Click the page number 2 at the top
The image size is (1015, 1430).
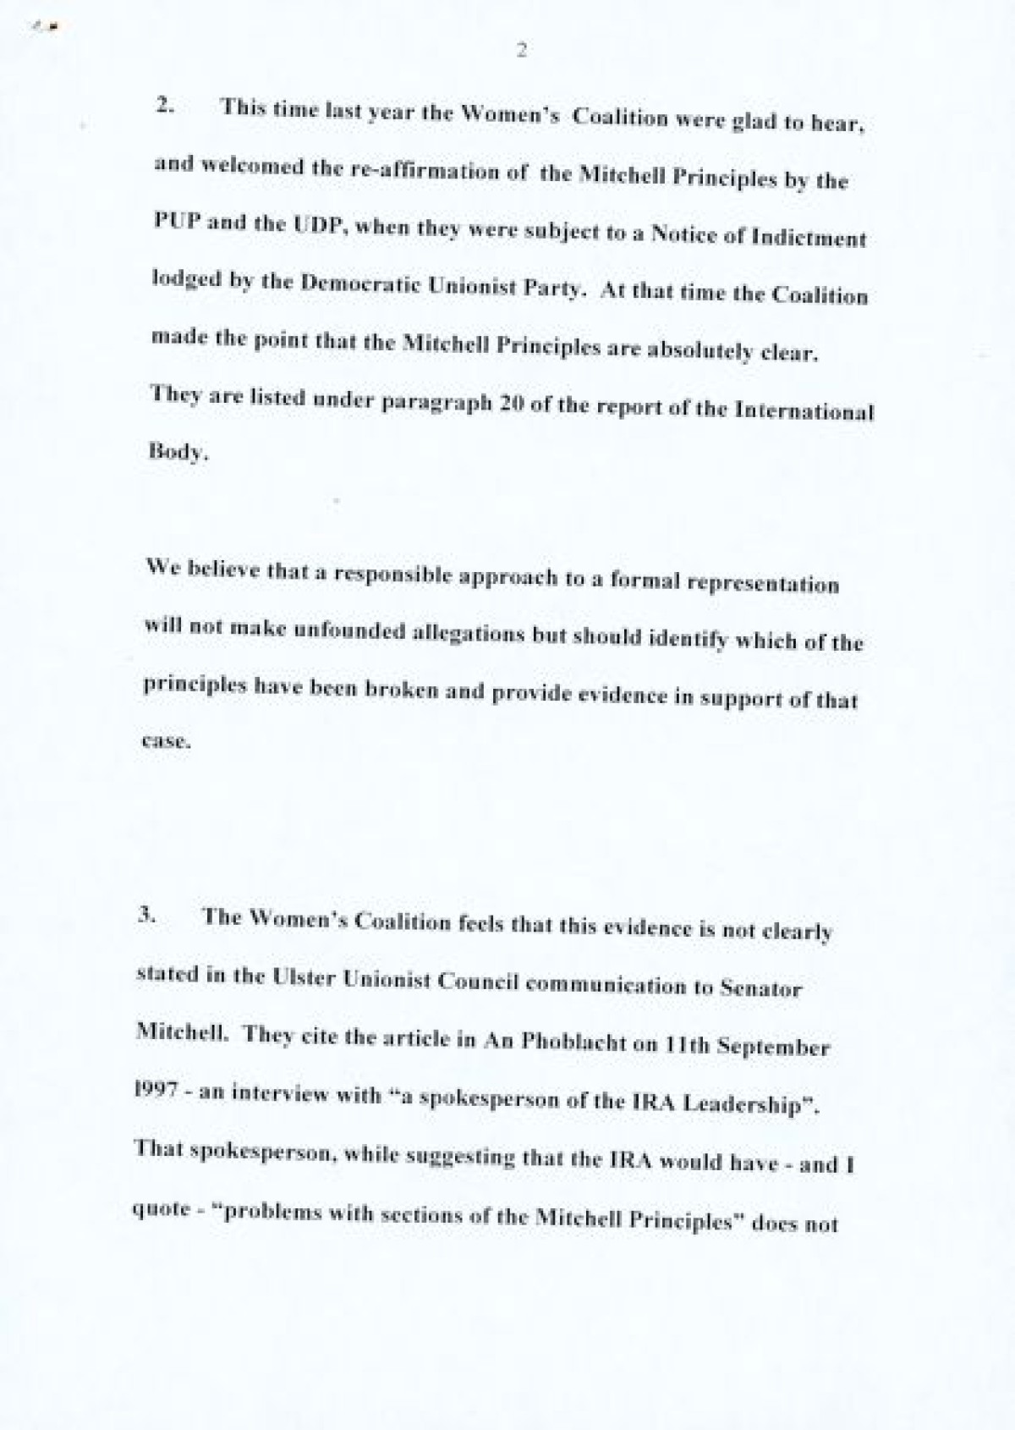point(521,51)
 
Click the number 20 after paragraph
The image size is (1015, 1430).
point(507,404)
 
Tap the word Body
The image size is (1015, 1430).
point(176,450)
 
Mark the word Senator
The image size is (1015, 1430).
point(760,987)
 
